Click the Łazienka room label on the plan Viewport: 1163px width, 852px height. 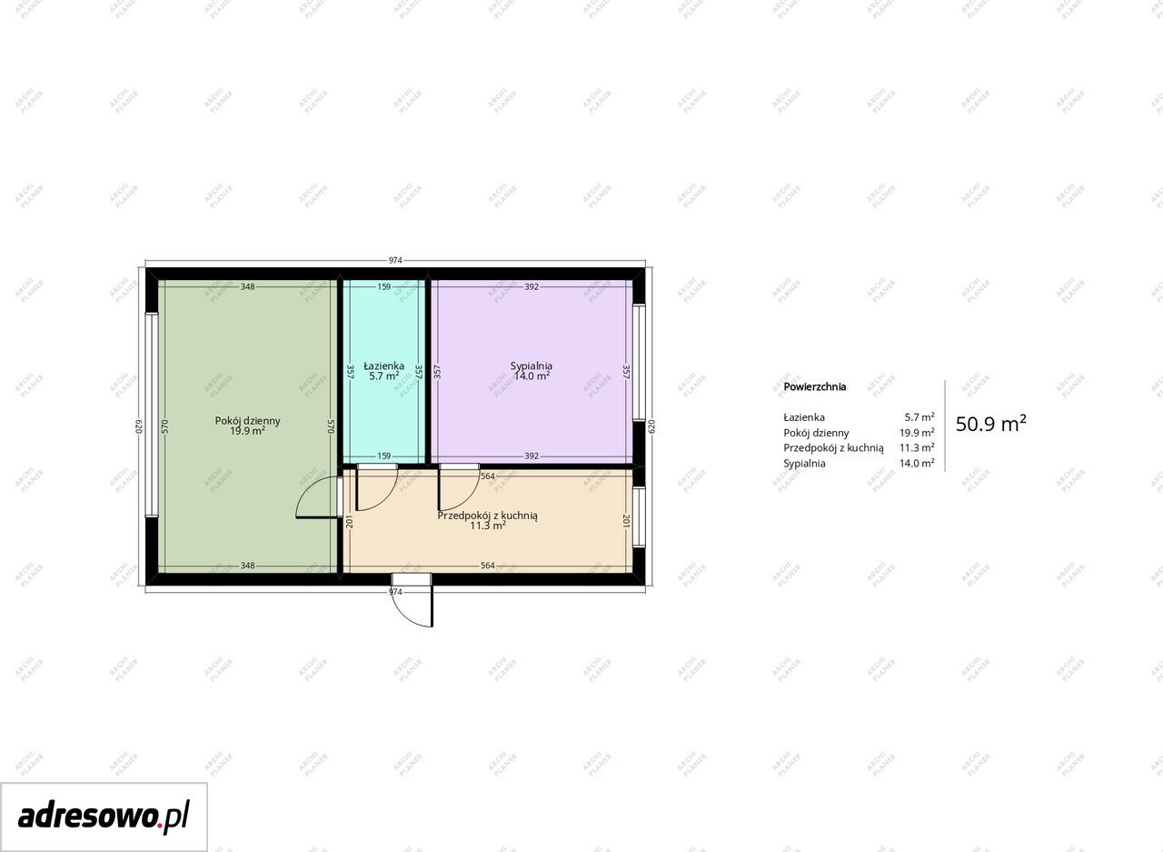click(383, 366)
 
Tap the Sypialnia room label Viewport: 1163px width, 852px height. click(532, 366)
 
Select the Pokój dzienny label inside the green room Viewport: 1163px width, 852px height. click(248, 420)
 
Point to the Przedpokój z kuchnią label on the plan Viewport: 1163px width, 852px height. click(488, 516)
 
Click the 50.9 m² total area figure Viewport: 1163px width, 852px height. click(990, 424)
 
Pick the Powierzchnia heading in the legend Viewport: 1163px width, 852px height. click(815, 386)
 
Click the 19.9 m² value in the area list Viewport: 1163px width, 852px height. click(917, 432)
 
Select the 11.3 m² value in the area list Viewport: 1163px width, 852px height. click(917, 447)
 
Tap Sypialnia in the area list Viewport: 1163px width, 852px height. click(804, 464)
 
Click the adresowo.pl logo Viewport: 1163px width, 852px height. click(104, 817)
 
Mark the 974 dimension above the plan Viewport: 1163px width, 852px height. click(395, 260)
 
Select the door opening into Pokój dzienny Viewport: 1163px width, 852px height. click(318, 497)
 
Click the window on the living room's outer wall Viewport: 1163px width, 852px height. click(152, 415)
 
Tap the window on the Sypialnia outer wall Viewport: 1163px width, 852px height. click(639, 362)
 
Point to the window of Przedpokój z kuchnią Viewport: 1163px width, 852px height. click(639, 516)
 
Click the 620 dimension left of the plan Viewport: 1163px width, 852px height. click(139, 426)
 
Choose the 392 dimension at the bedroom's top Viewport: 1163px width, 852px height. click(532, 286)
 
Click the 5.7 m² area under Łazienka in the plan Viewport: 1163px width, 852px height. click(383, 376)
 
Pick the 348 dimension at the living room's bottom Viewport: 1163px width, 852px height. click(248, 566)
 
